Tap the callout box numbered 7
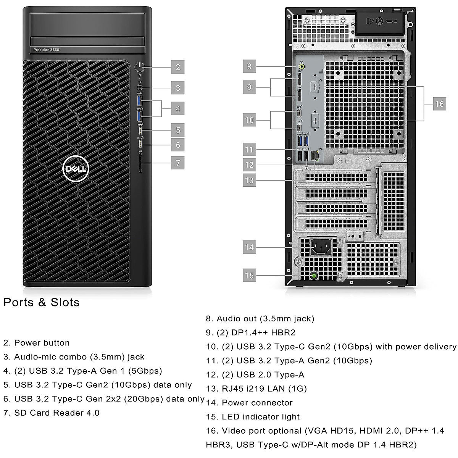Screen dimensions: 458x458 pyautogui.click(x=178, y=163)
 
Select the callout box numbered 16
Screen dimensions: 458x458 pyautogui.click(x=439, y=104)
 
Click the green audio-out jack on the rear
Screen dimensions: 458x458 pyautogui.click(x=302, y=66)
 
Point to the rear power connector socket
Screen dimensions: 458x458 pyautogui.click(x=320, y=248)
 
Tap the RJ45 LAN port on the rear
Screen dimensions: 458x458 pyautogui.click(x=315, y=155)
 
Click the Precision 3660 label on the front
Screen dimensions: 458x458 pyautogui.click(x=46, y=50)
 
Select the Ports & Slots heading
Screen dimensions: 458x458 pyautogui.click(x=42, y=302)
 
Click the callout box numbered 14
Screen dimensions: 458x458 pyautogui.click(x=249, y=247)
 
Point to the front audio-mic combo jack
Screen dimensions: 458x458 pyautogui.click(x=140, y=88)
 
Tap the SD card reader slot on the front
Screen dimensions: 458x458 pyautogui.click(x=141, y=163)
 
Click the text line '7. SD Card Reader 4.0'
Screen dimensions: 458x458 pyautogui.click(x=52, y=413)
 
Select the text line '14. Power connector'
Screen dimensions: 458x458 pyautogui.click(x=249, y=403)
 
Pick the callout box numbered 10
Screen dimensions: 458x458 pyautogui.click(x=249, y=120)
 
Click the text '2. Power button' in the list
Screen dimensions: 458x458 pyautogui.click(x=37, y=343)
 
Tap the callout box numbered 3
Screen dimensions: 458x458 pyautogui.click(x=178, y=88)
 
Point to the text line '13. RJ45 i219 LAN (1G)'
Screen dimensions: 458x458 pyautogui.click(x=256, y=389)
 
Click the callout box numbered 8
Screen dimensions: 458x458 pyautogui.click(x=249, y=66)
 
